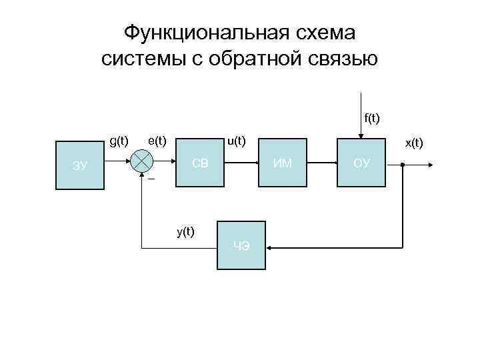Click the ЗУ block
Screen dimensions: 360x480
click(x=81, y=165)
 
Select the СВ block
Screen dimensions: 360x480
click(x=203, y=162)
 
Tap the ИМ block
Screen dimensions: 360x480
click(x=283, y=163)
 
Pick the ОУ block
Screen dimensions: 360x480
click(x=362, y=163)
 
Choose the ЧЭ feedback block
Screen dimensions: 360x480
click(x=242, y=246)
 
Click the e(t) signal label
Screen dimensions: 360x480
click(x=157, y=141)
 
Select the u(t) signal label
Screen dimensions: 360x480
click(x=237, y=141)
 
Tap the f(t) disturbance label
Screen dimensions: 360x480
click(x=371, y=119)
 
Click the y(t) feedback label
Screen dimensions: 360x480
click(x=185, y=231)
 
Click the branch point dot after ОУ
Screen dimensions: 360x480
click(x=403, y=163)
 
